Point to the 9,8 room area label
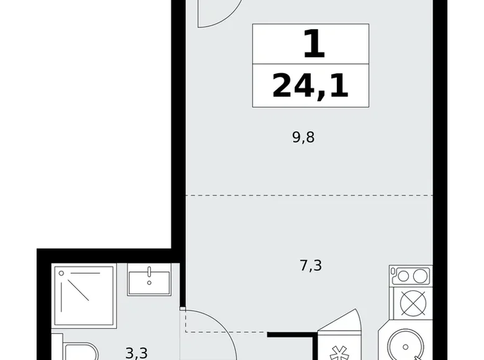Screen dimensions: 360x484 pyautogui.click(x=303, y=138)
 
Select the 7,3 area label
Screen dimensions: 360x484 pyautogui.click(x=310, y=266)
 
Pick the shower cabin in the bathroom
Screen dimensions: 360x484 pyautogui.click(x=85, y=297)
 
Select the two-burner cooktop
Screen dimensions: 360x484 pyautogui.click(x=410, y=276)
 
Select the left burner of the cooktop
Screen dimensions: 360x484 pyautogui.click(x=401, y=276)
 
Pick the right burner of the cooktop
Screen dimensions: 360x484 pyautogui.click(x=419, y=276)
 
